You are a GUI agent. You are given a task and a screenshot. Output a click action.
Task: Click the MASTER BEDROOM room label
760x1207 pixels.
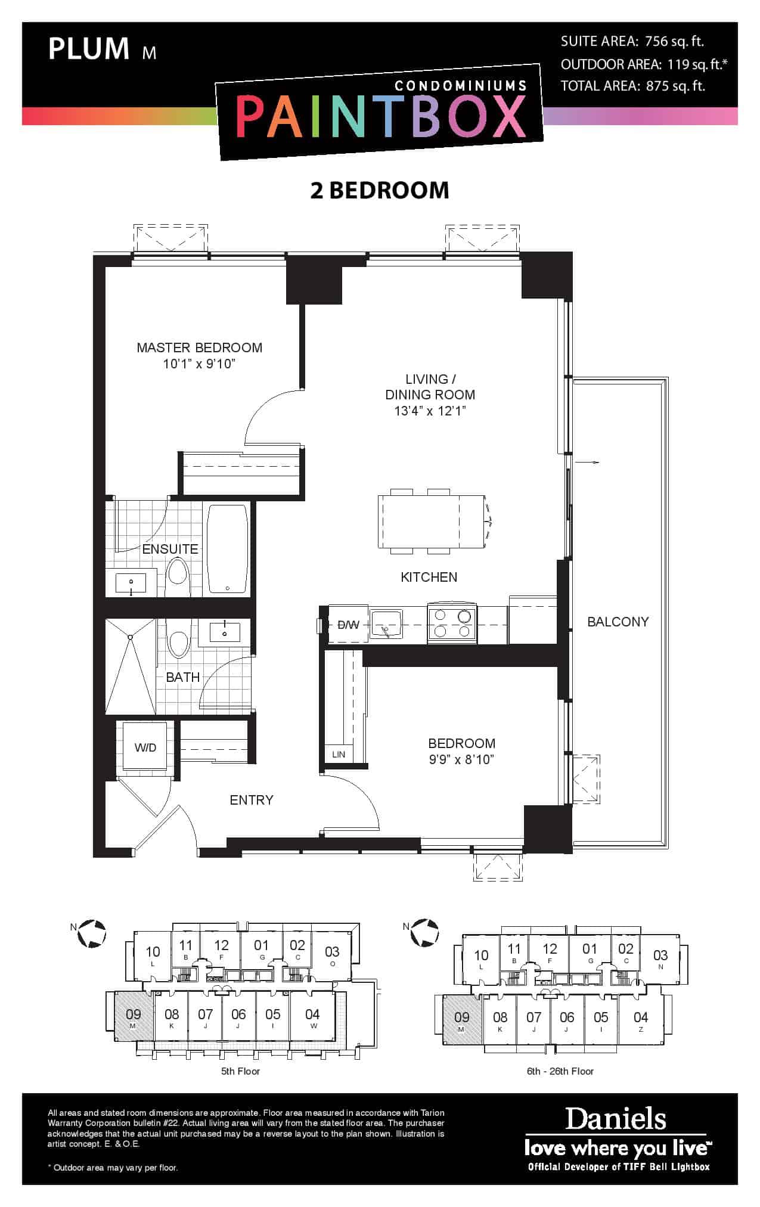pos(200,347)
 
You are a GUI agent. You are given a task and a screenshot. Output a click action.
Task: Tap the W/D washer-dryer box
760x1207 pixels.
pos(145,747)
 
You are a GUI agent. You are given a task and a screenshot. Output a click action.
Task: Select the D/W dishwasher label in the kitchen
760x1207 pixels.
pos(349,625)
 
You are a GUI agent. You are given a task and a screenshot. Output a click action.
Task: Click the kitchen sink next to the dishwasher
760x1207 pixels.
pos(386,624)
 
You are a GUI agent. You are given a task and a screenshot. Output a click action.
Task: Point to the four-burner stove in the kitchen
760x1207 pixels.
pos(452,623)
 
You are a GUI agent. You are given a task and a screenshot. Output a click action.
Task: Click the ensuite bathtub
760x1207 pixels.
pos(228,548)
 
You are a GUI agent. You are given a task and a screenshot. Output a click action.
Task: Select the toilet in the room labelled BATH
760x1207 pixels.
pos(178,639)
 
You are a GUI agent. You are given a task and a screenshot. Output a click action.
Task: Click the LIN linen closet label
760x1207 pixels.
pos(339,754)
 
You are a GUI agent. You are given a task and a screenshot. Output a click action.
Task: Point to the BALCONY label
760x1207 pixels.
pos(618,622)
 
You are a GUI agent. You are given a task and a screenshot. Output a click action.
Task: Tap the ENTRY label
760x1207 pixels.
pos(252,800)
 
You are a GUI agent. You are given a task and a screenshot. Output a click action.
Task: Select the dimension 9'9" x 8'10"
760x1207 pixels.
pos(462,759)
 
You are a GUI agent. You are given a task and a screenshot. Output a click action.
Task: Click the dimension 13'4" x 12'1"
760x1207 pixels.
pos(430,411)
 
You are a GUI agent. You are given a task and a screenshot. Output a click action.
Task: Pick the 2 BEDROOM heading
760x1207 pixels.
pos(380,190)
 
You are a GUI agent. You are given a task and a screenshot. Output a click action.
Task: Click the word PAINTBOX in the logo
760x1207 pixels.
pos(381,116)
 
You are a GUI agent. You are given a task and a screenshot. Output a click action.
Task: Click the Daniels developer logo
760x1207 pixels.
pos(616,1119)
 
